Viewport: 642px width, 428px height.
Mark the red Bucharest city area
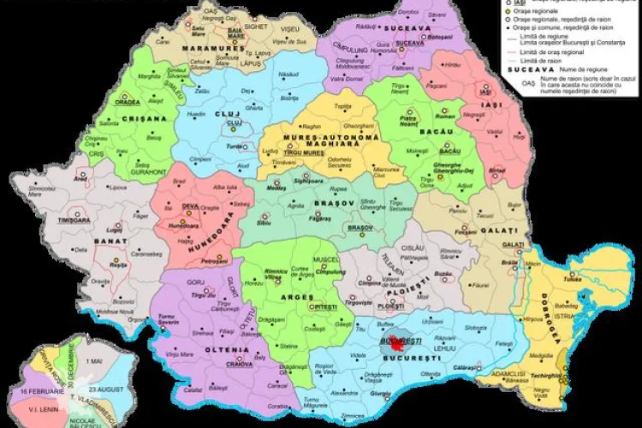[395, 346]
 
